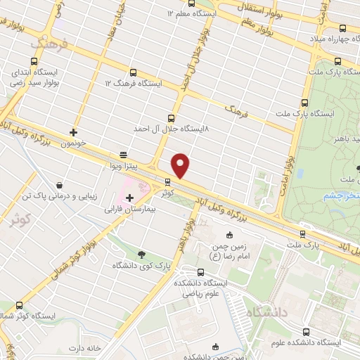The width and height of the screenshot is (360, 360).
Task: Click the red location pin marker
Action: click(181, 166)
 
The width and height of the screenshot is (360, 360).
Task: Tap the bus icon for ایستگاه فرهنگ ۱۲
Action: click(133, 72)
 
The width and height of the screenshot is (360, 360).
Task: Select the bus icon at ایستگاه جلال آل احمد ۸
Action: click(172, 118)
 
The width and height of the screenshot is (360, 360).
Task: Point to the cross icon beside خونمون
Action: click(73, 131)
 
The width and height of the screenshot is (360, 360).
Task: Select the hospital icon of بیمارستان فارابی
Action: click(129, 198)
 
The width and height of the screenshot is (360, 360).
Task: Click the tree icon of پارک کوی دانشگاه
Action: click(142, 255)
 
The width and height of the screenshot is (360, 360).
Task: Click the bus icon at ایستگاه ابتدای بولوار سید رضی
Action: click(16, 73)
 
